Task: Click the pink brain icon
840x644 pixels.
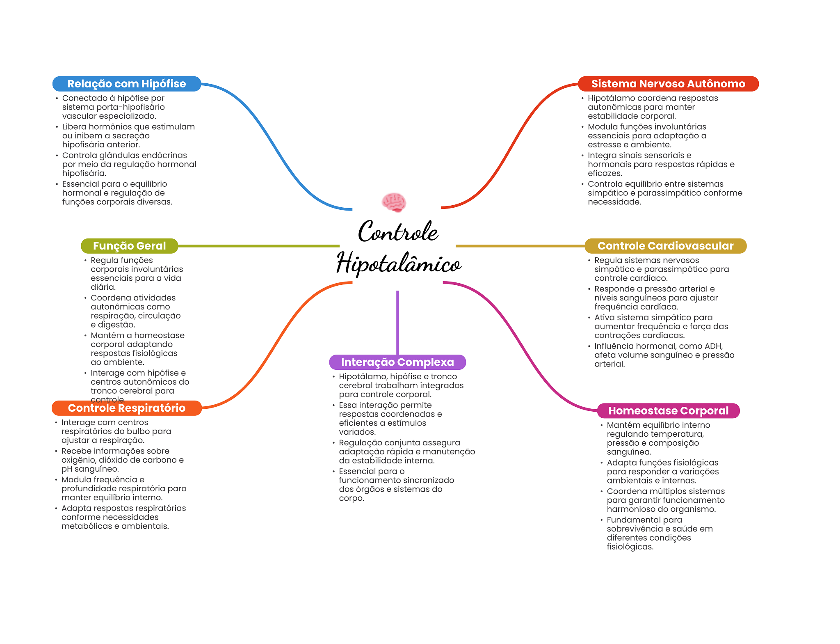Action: coord(394,202)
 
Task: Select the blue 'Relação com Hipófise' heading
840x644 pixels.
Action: coord(126,84)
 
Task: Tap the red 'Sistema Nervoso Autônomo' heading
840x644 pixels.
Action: coord(668,84)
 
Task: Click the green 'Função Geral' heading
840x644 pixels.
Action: coord(129,246)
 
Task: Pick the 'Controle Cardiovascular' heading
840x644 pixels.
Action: coord(665,246)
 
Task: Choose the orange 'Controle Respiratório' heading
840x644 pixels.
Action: coord(126,408)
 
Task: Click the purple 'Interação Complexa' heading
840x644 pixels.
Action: coord(397,362)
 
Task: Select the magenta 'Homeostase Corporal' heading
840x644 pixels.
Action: coord(668,410)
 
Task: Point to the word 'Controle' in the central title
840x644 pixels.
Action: coord(398,232)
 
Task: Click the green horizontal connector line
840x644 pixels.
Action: coord(258,246)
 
